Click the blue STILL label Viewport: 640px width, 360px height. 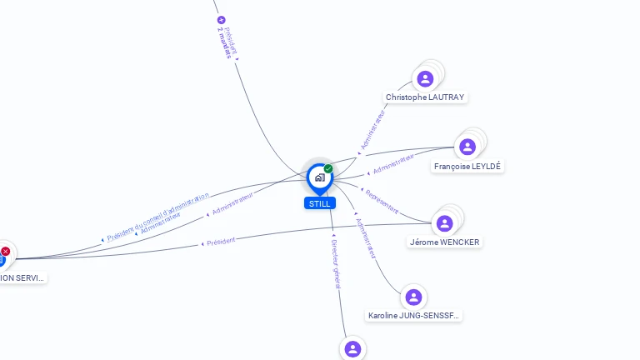[319, 203]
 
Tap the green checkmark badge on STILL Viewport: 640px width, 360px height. [328, 168]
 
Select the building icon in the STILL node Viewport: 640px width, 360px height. [319, 177]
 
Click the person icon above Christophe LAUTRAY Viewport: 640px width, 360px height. [425, 79]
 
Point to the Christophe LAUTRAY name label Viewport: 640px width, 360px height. [425, 97]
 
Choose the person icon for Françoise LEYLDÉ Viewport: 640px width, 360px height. [467, 147]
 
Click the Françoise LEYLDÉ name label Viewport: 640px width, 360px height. [467, 167]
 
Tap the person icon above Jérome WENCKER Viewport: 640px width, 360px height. [444, 223]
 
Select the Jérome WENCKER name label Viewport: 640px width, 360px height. [445, 242]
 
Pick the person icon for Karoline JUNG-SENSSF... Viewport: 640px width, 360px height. [412, 297]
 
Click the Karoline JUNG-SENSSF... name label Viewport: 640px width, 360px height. [414, 316]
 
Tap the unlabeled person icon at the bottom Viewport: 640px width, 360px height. [352, 349]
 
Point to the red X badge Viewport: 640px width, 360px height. [6, 251]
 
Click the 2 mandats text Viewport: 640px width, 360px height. [222, 41]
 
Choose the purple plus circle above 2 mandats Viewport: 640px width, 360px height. [221, 19]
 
